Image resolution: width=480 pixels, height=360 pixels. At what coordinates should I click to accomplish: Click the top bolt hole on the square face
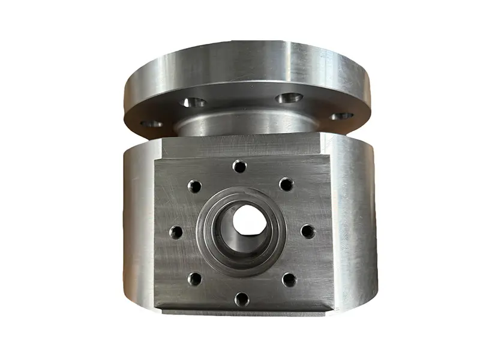coord(240,166)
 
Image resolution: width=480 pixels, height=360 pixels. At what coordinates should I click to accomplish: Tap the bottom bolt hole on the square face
coord(241,298)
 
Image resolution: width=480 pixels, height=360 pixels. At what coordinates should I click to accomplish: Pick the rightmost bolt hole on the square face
coord(307,231)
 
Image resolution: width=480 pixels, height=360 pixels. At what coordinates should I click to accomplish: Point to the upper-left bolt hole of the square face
coord(194,187)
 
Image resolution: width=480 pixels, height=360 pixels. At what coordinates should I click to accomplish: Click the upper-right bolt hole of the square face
coord(287,185)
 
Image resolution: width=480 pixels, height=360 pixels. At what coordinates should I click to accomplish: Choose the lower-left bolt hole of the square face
coord(194,278)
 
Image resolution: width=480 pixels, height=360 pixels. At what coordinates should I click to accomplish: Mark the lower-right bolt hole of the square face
coord(289,279)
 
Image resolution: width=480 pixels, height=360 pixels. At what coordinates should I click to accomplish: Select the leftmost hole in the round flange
coord(151,124)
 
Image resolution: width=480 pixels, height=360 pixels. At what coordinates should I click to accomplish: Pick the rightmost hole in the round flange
coord(342,116)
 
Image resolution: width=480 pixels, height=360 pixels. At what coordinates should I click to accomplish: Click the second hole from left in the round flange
coord(192,103)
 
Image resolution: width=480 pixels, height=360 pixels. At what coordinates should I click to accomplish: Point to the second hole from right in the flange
coord(289,97)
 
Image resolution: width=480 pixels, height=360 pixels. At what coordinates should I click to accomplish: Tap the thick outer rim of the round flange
coord(240,57)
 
